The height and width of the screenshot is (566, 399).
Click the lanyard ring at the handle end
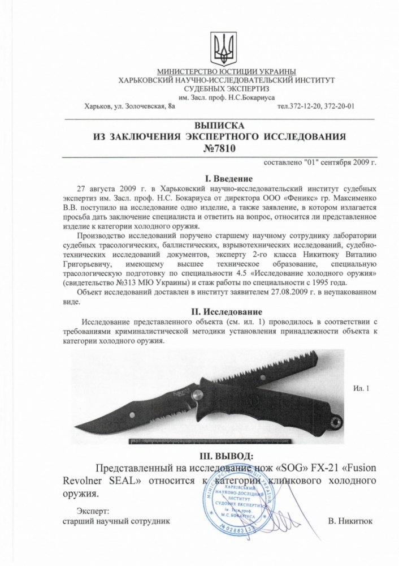337,421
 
